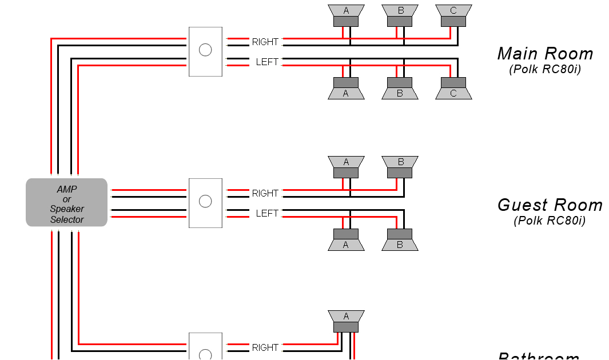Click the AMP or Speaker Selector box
click(66, 202)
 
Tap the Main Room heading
click(545, 54)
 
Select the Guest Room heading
click(550, 205)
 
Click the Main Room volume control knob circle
click(205, 50)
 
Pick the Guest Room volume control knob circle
click(205, 201)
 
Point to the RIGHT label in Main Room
click(265, 42)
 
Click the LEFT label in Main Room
click(266, 62)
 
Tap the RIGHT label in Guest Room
click(265, 193)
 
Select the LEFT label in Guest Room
click(266, 213)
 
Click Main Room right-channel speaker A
click(346, 15)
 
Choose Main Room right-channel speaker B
click(400, 15)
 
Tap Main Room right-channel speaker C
click(453, 15)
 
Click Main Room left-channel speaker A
click(346, 89)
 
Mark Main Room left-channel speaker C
click(453, 89)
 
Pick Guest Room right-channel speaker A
click(346, 166)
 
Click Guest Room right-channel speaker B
click(400, 166)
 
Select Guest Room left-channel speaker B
click(400, 240)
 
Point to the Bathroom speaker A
click(346, 321)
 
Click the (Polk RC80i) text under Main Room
click(544, 70)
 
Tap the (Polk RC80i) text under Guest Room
click(550, 221)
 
